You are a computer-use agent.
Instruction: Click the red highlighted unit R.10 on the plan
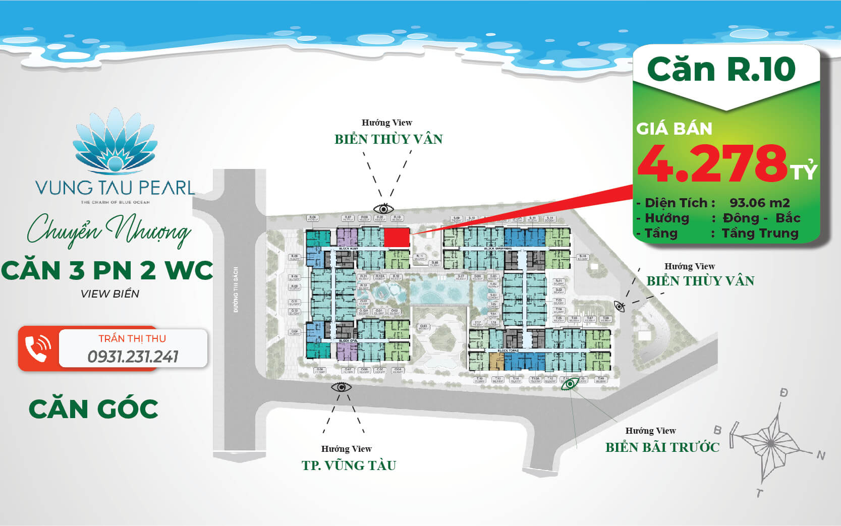pyautogui.click(x=397, y=238)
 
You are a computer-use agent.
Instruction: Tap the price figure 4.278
pyautogui.click(x=712, y=163)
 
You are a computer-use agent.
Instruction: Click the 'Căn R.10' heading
pyautogui.click(x=721, y=69)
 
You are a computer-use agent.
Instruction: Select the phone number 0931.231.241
pyautogui.click(x=133, y=357)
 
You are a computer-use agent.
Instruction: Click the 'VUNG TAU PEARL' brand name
pyautogui.click(x=115, y=188)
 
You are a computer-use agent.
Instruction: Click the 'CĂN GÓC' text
pyautogui.click(x=93, y=408)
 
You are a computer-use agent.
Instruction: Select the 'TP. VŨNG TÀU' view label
pyautogui.click(x=349, y=465)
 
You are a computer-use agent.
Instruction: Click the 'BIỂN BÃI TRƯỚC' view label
pyautogui.click(x=662, y=447)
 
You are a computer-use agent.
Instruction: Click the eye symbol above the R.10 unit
pyautogui.click(x=383, y=208)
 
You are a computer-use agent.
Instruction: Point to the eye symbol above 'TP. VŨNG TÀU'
pyautogui.click(x=341, y=387)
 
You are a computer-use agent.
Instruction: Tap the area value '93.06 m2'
pyautogui.click(x=759, y=203)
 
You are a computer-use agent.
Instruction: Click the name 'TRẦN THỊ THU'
pyautogui.click(x=132, y=338)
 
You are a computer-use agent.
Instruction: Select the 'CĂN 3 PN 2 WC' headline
pyautogui.click(x=107, y=270)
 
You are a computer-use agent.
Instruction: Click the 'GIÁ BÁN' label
pyautogui.click(x=674, y=129)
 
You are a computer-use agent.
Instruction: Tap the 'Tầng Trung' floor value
pyautogui.click(x=760, y=233)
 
